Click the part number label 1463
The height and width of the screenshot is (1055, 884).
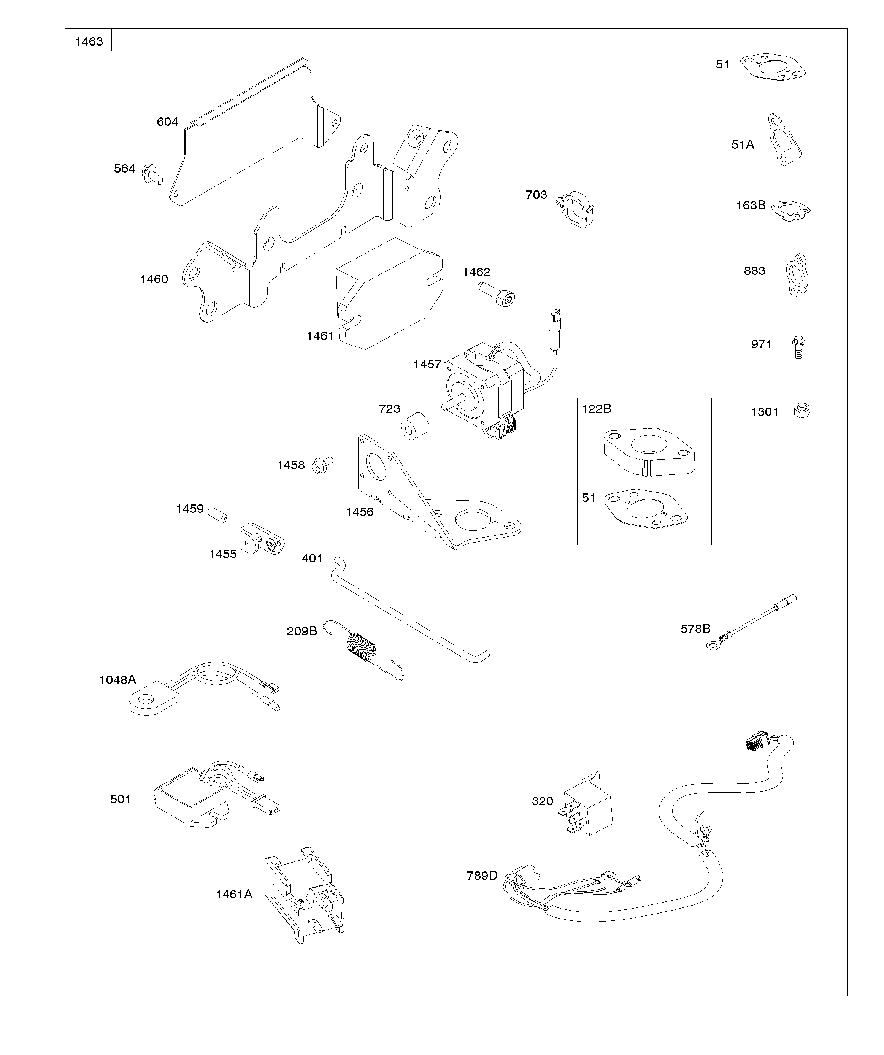tap(89, 41)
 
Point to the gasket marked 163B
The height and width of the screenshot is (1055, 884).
tap(790, 210)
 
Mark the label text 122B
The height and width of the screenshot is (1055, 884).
tap(597, 408)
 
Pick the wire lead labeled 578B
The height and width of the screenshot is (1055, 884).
tap(752, 622)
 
